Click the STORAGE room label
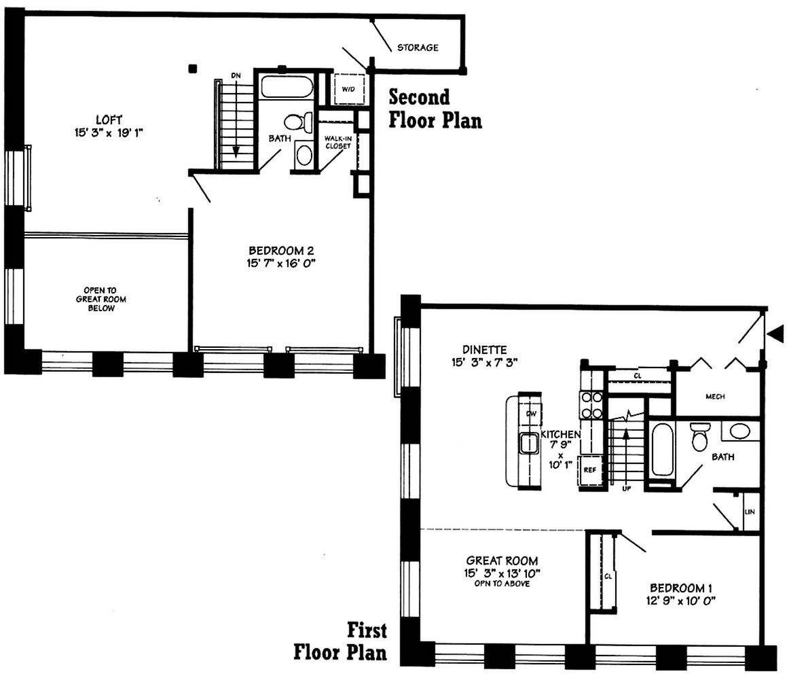pyautogui.click(x=418, y=48)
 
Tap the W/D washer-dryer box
pyautogui.click(x=349, y=89)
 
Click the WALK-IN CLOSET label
pyautogui.click(x=337, y=143)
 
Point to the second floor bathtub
pyautogui.click(x=287, y=86)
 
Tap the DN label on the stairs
pyautogui.click(x=236, y=75)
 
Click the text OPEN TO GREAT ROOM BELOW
pyautogui.click(x=101, y=299)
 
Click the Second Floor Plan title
pyautogui.click(x=435, y=109)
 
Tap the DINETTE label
pyautogui.click(x=485, y=349)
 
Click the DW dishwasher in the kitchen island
pyautogui.click(x=532, y=414)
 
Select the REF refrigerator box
pyautogui.click(x=590, y=470)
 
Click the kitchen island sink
pyautogui.click(x=530, y=444)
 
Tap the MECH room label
pyautogui.click(x=715, y=397)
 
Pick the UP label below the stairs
pyautogui.click(x=627, y=488)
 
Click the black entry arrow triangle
pyautogui.click(x=777, y=333)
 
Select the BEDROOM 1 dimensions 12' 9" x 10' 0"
pyautogui.click(x=681, y=601)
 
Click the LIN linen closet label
pyautogui.click(x=750, y=512)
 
